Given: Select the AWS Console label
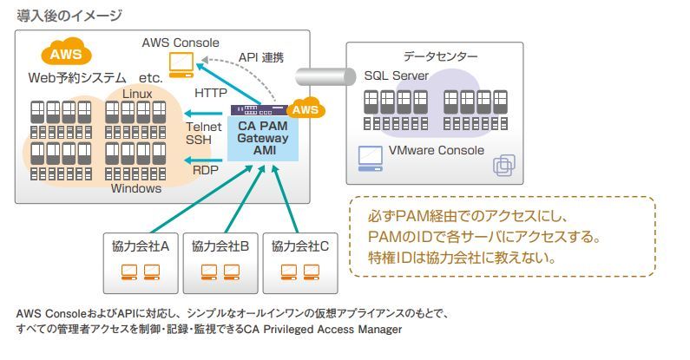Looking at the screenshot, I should pos(181,42).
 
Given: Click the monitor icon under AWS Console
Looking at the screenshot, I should pos(181,62).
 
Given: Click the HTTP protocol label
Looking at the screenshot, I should pos(210,92).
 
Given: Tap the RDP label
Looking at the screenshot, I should pos(206,171).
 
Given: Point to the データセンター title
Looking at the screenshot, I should pos(440,56).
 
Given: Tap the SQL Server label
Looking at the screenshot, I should pos(396,76).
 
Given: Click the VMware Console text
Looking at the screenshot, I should pos(437,150).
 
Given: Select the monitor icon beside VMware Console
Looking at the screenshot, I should pos(371,157).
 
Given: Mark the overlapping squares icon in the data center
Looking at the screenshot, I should pos(503,165).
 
